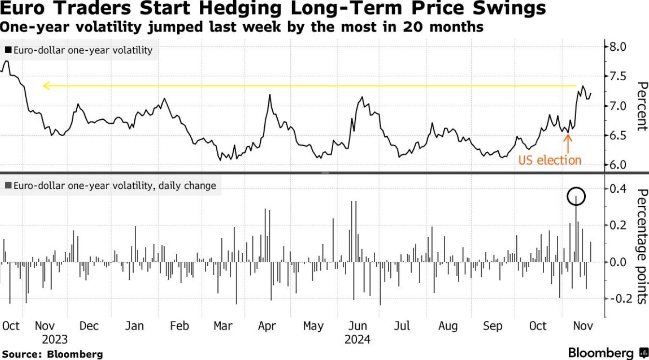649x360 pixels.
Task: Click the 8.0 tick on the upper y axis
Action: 618,47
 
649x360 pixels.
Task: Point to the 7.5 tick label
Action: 618,76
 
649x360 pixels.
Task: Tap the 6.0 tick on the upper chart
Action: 618,165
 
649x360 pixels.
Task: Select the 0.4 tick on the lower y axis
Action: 618,188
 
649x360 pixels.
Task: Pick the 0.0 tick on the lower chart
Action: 618,262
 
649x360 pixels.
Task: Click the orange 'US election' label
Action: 550,160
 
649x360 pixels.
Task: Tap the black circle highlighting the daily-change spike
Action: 576,196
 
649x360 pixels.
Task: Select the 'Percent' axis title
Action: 641,106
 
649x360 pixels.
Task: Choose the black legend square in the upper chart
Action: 8,50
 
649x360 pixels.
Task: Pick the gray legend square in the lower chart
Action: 8,186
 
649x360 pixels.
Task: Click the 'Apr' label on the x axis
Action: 267,326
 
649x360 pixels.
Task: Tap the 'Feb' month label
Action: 179,326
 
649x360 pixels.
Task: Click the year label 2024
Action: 357,339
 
